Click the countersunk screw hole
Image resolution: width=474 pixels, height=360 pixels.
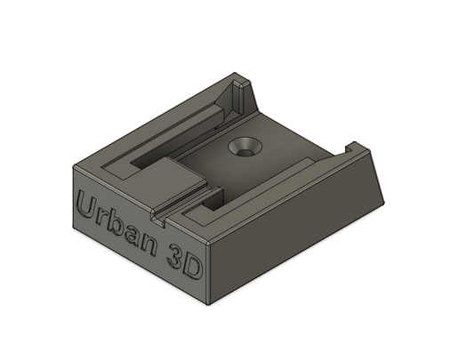(x=242, y=148)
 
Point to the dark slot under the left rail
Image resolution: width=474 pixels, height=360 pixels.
(x=147, y=165)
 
